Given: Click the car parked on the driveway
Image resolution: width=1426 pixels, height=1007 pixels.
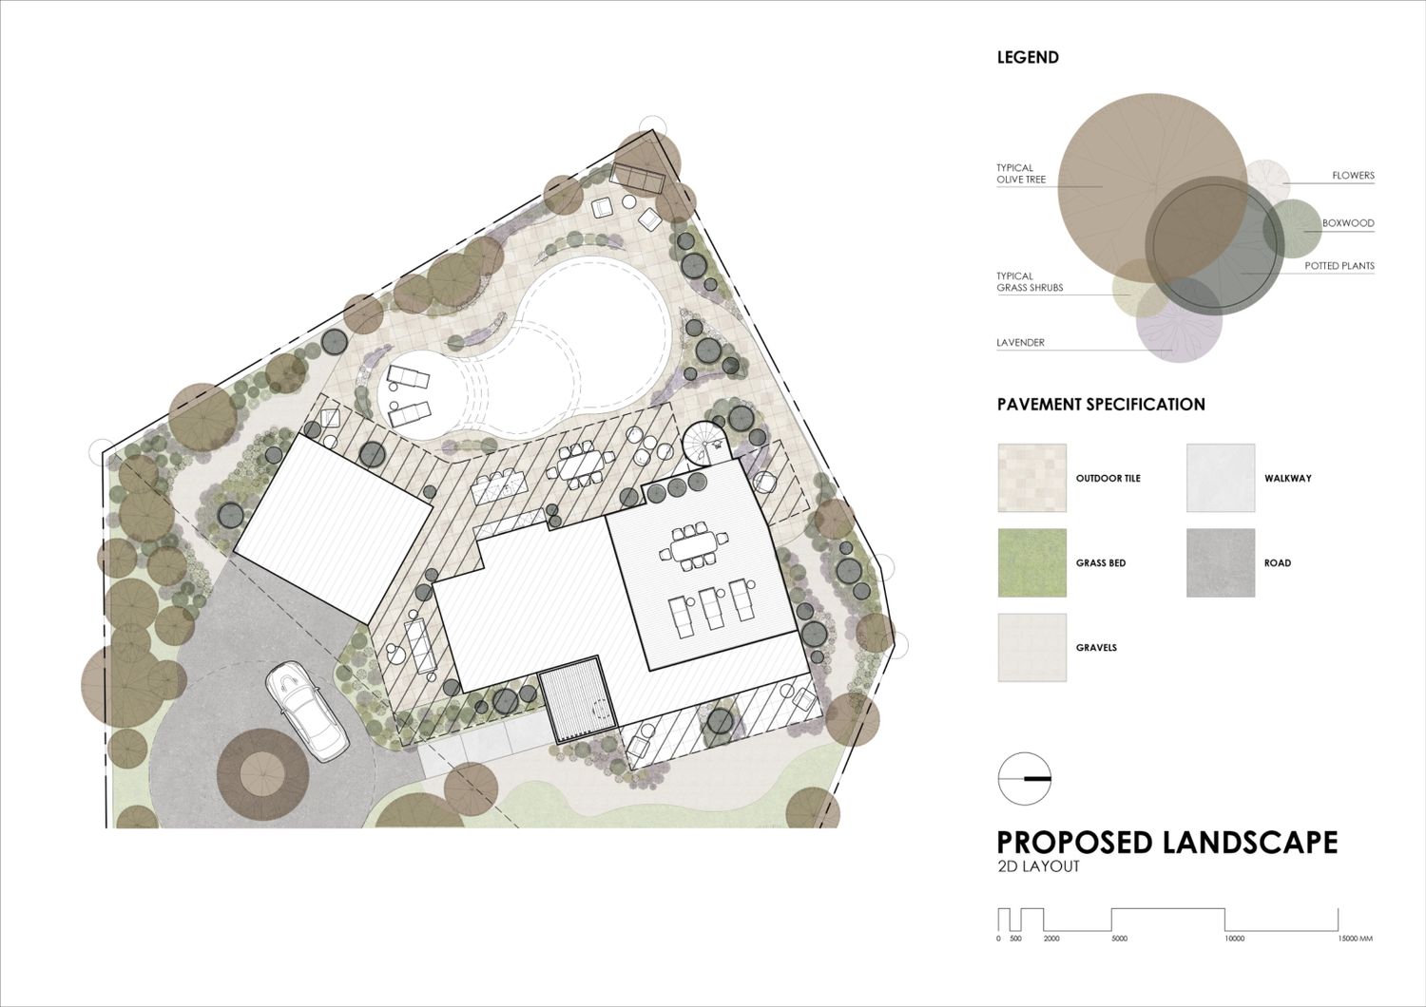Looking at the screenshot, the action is pyautogui.click(x=306, y=711).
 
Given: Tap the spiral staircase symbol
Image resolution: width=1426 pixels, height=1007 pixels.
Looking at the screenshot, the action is pyautogui.click(x=704, y=443).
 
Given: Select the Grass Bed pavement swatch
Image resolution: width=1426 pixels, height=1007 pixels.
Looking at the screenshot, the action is pyautogui.click(x=1031, y=562).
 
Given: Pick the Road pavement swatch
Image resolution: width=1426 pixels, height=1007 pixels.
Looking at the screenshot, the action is pyautogui.click(x=1221, y=562).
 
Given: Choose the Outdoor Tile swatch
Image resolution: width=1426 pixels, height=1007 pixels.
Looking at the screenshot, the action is pyautogui.click(x=1031, y=478).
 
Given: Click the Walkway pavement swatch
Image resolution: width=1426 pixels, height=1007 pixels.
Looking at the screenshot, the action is pyautogui.click(x=1221, y=478).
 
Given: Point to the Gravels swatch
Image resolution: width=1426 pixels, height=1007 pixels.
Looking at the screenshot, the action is pyautogui.click(x=1031, y=648).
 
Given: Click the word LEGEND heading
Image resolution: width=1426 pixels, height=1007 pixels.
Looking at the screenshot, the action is pyautogui.click(x=1028, y=57).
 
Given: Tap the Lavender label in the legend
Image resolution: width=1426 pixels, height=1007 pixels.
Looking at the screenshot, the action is pyautogui.click(x=1020, y=342).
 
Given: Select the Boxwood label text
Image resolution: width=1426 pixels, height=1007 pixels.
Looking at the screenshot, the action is pyautogui.click(x=1348, y=223).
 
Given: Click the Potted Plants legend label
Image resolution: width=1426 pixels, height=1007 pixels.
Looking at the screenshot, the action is pyautogui.click(x=1339, y=266).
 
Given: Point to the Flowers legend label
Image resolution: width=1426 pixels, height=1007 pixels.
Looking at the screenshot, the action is pyautogui.click(x=1354, y=175).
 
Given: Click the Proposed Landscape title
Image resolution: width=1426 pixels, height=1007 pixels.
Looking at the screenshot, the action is pyautogui.click(x=1166, y=843).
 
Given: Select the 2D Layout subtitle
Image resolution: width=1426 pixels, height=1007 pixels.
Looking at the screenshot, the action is pyautogui.click(x=1038, y=866).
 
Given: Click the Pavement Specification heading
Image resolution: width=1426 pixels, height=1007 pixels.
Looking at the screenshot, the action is pyautogui.click(x=1101, y=405).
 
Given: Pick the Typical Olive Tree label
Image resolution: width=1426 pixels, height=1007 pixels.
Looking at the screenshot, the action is pyautogui.click(x=1021, y=174).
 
